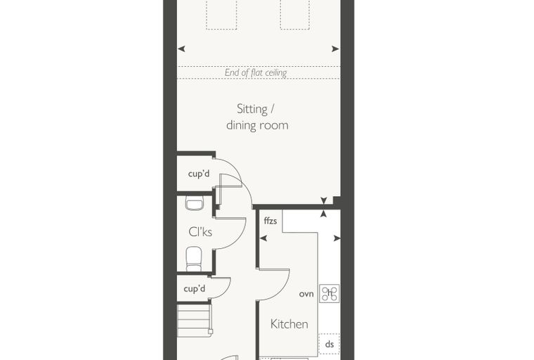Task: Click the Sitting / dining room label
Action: pos(257,117)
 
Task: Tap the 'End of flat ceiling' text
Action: pos(256,72)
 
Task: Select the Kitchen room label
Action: pos(289,324)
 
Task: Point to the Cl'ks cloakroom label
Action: pos(200,232)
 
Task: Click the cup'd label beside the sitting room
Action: pos(199,174)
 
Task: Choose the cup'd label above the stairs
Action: pos(195,289)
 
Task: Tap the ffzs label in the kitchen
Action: pos(271,221)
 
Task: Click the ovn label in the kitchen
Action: pos(306,294)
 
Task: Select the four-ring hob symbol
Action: pos(330,293)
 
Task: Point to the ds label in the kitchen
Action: pos(330,345)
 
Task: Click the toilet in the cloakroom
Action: pos(194,259)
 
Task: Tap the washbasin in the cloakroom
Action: pos(195,203)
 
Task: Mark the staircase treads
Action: pos(195,321)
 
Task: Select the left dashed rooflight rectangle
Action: pos(221,15)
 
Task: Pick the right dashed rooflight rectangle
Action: pos(295,15)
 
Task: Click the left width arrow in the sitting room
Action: pos(181,49)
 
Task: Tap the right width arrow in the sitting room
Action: pos(335,49)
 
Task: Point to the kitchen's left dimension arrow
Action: pos(263,238)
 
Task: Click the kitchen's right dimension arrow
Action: pos(337,238)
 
